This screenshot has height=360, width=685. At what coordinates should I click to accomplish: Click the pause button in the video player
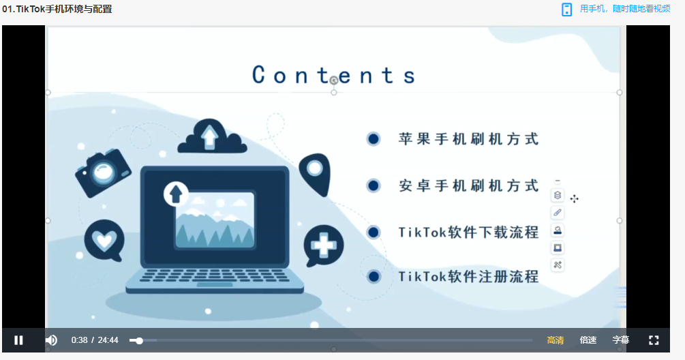pos(18,340)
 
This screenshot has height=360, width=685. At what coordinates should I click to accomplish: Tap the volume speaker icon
pos(51,340)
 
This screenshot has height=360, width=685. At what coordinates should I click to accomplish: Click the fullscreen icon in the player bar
pos(654,340)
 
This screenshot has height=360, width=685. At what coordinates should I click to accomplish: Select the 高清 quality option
pos(555,340)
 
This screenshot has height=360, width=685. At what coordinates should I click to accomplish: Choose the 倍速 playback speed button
pos(588,340)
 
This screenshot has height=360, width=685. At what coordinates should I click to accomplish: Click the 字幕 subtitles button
pos(621,340)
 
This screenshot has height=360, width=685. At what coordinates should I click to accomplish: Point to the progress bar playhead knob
pos(139,340)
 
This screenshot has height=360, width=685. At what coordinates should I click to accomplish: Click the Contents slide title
pos(333,75)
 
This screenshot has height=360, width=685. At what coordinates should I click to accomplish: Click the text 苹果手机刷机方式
pos(468,139)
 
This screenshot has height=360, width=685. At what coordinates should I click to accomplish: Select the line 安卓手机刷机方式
pos(468,185)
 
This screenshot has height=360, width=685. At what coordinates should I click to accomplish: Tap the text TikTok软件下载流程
pos(468,232)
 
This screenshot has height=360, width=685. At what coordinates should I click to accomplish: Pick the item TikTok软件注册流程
pos(468,276)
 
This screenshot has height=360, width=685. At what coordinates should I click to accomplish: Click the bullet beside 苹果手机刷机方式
pos(373,139)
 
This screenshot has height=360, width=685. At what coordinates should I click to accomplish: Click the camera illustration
pos(103,172)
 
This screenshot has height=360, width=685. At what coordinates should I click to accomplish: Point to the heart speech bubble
pos(104,240)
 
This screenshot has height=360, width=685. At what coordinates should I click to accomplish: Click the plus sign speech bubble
pos(323,245)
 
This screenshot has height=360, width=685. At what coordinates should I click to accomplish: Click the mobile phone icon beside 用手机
pos(566,10)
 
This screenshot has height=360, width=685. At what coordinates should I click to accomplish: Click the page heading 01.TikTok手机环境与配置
pos(57,9)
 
